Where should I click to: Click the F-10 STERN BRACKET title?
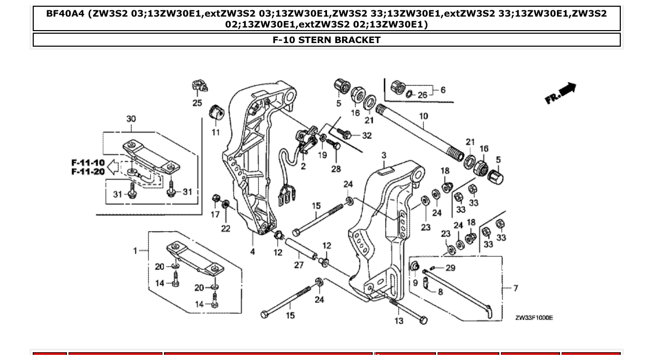coord(326,40)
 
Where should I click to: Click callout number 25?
coord(197,103)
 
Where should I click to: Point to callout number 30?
coord(131,119)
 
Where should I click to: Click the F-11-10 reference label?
coord(88,162)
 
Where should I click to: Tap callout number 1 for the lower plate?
coord(135,251)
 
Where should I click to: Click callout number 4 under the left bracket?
coord(253,252)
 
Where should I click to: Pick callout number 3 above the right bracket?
coord(384,155)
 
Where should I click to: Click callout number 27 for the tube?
coord(298,265)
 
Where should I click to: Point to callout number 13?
coord(399,321)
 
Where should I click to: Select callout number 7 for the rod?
coord(515,287)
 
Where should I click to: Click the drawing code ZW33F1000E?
coord(534,317)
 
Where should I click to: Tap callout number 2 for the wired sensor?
coord(303,166)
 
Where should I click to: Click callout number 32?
coord(367,136)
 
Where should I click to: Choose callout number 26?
coord(423,94)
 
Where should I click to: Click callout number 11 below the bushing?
coord(215,132)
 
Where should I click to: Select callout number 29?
coord(450,268)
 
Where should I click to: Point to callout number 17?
coord(215,214)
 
